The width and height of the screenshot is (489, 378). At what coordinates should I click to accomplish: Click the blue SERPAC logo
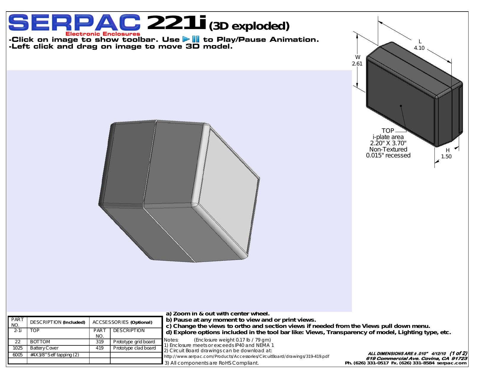click(74, 23)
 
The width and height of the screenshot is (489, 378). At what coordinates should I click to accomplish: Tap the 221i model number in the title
click(176, 23)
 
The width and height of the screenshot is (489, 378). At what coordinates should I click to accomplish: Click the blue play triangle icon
click(186, 39)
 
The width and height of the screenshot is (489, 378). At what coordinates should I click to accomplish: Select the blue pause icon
click(196, 39)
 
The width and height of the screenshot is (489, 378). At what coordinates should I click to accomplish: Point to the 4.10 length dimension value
click(419, 48)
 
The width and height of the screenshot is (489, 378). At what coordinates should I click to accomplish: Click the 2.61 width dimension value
click(357, 64)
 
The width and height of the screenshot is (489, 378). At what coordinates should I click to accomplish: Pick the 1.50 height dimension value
click(446, 157)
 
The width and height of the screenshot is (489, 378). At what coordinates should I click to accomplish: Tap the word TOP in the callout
click(388, 130)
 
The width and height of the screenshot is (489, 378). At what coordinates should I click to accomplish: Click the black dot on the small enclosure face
click(401, 106)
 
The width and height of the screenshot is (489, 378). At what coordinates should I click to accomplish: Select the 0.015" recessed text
click(388, 155)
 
